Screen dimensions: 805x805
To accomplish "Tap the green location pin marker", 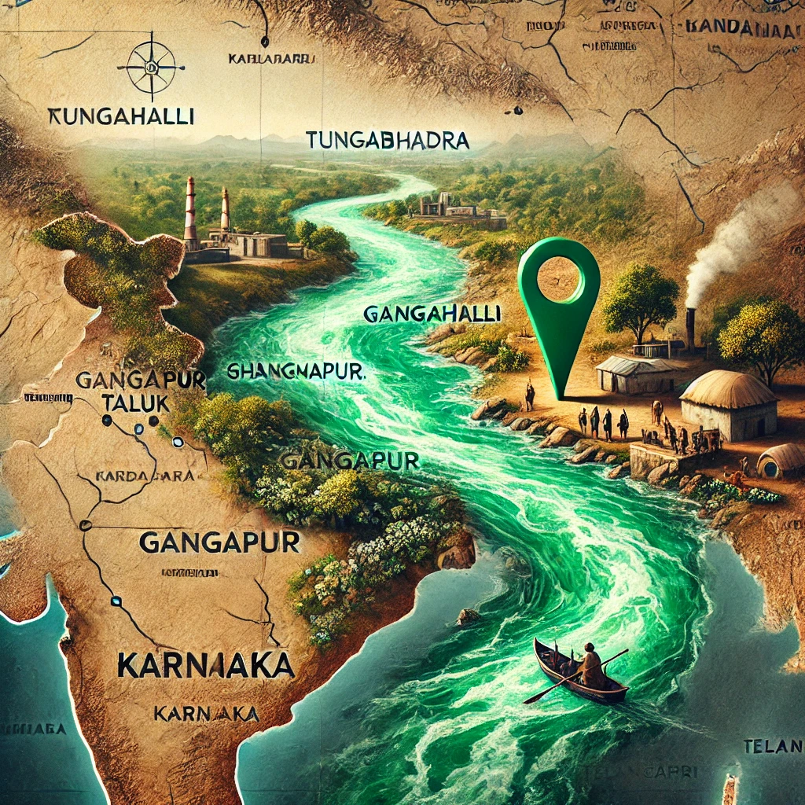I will pyautogui.click(x=560, y=307).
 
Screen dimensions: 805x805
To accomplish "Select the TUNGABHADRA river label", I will pyautogui.click(x=386, y=142).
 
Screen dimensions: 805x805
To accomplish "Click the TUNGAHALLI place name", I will pyautogui.click(x=121, y=116).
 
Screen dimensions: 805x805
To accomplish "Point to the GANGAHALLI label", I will pyautogui.click(x=432, y=314).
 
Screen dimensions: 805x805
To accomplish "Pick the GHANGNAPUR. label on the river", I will pyautogui.click(x=297, y=370).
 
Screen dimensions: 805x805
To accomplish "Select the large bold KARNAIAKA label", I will pyautogui.click(x=206, y=666).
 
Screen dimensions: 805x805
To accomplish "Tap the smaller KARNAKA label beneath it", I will pyautogui.click(x=207, y=713).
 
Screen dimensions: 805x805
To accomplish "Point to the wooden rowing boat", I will pyautogui.click(x=579, y=674).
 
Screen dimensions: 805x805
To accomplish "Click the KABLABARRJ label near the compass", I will pyautogui.click(x=271, y=59).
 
